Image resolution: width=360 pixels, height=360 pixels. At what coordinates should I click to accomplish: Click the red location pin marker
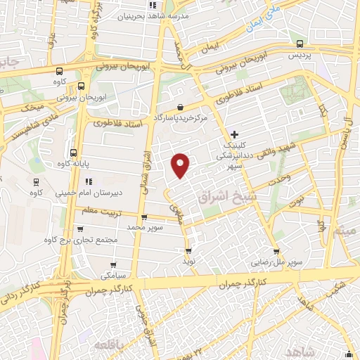click(x=181, y=165)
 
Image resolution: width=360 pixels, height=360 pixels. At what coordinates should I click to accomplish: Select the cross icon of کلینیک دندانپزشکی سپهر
click(x=234, y=134)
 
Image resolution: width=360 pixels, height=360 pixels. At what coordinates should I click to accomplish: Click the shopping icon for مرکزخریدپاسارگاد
click(x=181, y=107)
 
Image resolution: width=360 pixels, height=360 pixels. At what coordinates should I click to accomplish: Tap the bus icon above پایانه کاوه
click(x=73, y=153)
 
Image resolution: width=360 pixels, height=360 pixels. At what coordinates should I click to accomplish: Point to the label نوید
click(x=188, y=260)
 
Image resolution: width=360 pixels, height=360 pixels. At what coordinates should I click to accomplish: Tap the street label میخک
click(x=32, y=108)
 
